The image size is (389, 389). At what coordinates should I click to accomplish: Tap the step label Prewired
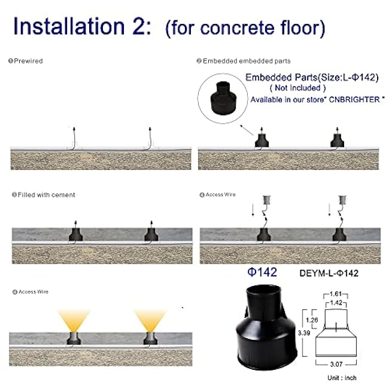[29, 60]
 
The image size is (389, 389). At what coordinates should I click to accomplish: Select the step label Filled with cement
[45, 195]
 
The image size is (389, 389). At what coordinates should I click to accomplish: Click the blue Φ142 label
[262, 272]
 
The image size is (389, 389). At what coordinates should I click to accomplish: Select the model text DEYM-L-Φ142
[329, 273]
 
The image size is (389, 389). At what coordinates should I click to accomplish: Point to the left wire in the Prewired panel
[72, 139]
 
